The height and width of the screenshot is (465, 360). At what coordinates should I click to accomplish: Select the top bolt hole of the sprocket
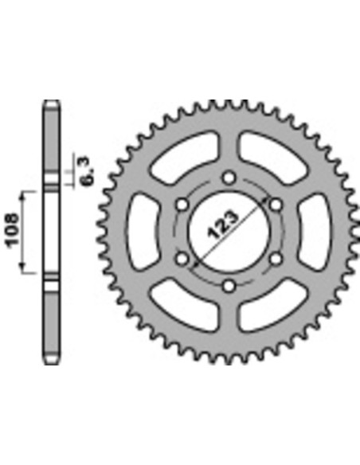pyautogui.click(x=229, y=177)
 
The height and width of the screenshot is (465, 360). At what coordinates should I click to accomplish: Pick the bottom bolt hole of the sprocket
pyautogui.click(x=229, y=285)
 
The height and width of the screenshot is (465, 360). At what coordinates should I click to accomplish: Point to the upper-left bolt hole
pyautogui.click(x=182, y=205)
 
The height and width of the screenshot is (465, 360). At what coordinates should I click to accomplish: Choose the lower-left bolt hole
pyautogui.click(x=182, y=258)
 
